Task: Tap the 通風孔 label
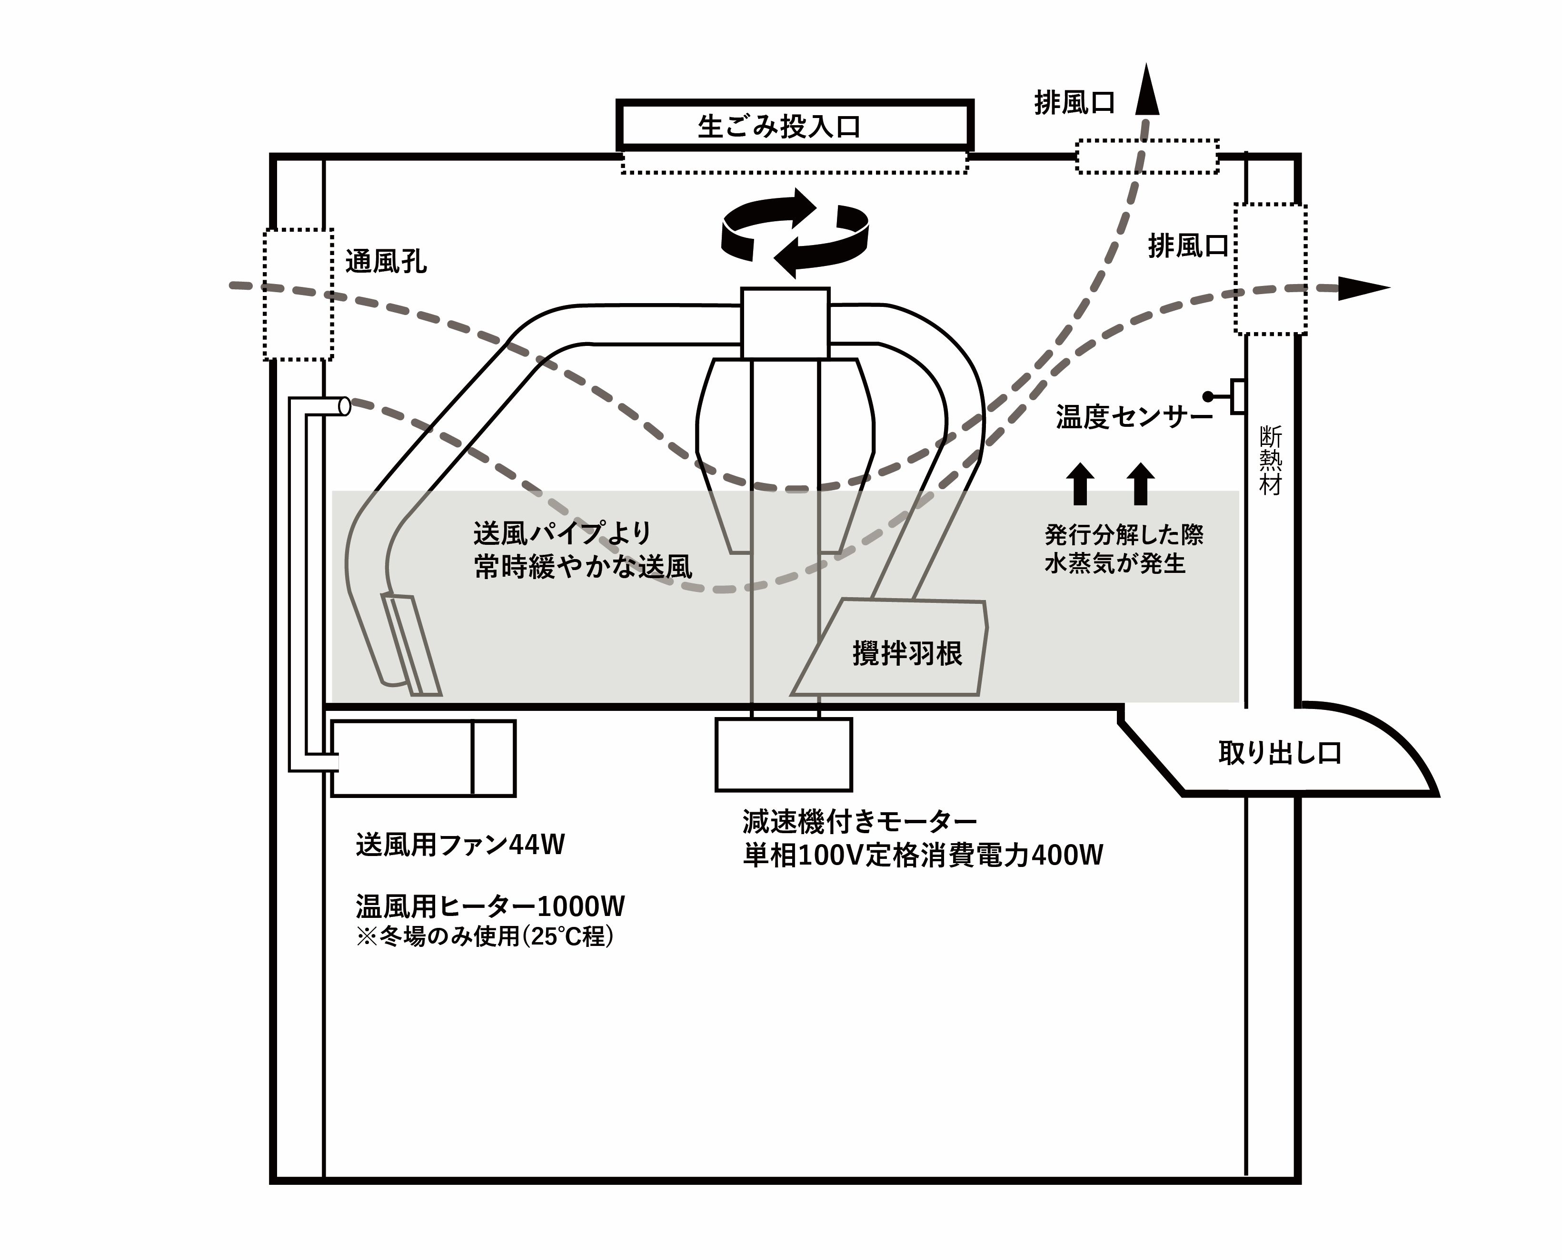tap(386, 261)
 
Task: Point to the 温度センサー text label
tap(1133, 417)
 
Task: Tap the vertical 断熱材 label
tap(1270, 461)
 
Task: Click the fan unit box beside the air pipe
tap(423, 758)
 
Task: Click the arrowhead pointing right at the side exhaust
tap(1363, 288)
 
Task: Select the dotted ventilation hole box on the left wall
tap(298, 295)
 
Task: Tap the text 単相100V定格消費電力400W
tap(922, 856)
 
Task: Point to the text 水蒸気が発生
tap(1114, 564)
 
